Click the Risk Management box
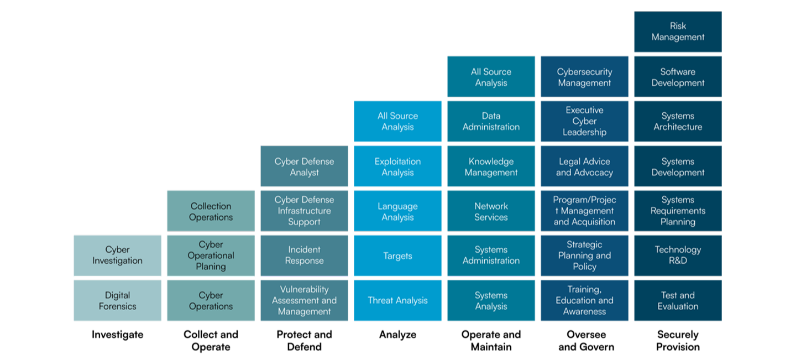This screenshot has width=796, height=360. click(x=678, y=32)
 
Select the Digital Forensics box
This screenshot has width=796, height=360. click(x=117, y=300)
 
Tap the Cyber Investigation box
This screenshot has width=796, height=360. click(x=117, y=255)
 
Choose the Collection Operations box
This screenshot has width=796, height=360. click(x=211, y=211)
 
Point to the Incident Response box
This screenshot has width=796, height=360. click(x=304, y=255)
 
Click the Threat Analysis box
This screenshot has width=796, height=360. click(x=397, y=300)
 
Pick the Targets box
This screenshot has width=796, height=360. click(x=397, y=255)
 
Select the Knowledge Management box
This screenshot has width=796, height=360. click(x=491, y=166)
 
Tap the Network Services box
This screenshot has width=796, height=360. click(x=491, y=211)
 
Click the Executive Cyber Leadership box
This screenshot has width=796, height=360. click(x=584, y=121)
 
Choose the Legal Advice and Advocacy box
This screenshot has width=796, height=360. click(x=584, y=166)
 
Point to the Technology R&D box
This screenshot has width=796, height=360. click(x=678, y=255)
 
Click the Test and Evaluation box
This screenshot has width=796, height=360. click(x=678, y=300)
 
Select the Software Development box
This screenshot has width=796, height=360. click(x=678, y=77)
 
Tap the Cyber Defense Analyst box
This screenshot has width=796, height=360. click(x=304, y=166)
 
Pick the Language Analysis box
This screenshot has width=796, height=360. click(x=397, y=211)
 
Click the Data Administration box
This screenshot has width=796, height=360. click(x=491, y=121)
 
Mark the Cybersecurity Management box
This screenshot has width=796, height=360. click(x=584, y=77)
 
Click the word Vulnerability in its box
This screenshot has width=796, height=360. click(x=304, y=289)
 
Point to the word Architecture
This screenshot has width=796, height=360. click(x=678, y=127)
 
